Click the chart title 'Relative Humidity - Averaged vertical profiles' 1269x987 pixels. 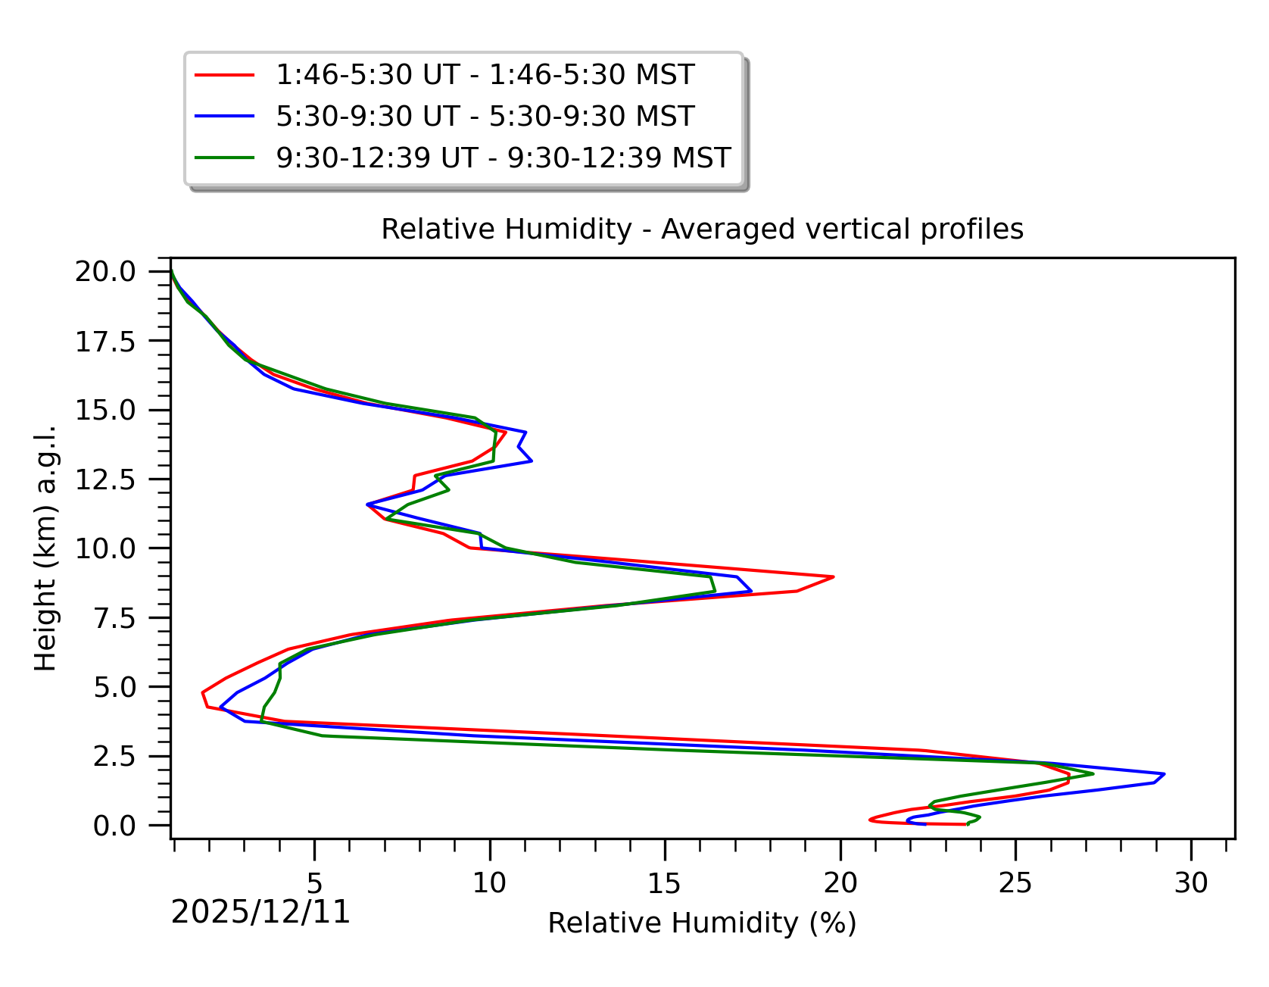[702, 230]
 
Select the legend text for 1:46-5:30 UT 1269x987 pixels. [485, 75]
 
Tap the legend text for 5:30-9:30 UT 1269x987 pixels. [485, 117]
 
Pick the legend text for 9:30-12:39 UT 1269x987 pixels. [504, 158]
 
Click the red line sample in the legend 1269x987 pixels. [225, 75]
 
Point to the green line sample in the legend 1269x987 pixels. [225, 158]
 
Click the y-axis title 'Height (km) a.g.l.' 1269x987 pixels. [46, 548]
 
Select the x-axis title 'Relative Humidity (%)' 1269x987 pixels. [702, 923]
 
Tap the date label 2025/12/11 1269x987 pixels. [261, 913]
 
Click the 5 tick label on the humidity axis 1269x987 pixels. [314, 882]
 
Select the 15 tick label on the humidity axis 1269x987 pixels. [665, 882]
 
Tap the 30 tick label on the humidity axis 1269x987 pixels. [1191, 882]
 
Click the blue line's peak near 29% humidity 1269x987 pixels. [1164, 774]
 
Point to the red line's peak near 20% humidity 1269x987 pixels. [833, 577]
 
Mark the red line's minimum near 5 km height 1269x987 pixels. [203, 693]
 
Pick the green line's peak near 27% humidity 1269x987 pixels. [1093, 773]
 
